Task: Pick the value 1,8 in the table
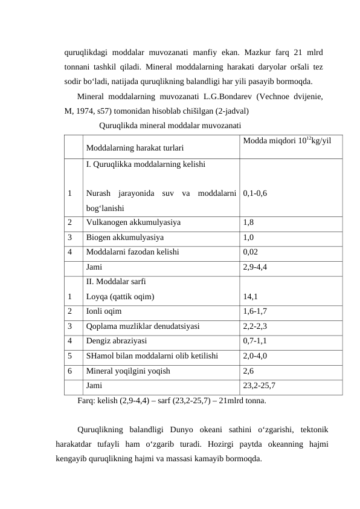pyautogui.click(x=249, y=222)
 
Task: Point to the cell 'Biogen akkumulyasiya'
pyautogui.click(x=124, y=238)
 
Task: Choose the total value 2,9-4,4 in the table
pyautogui.click(x=256, y=266)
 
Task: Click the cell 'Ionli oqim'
pyautogui.click(x=104, y=311)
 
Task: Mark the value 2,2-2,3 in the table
pyautogui.click(x=256, y=326)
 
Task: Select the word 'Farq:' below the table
pyautogui.click(x=88, y=400)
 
